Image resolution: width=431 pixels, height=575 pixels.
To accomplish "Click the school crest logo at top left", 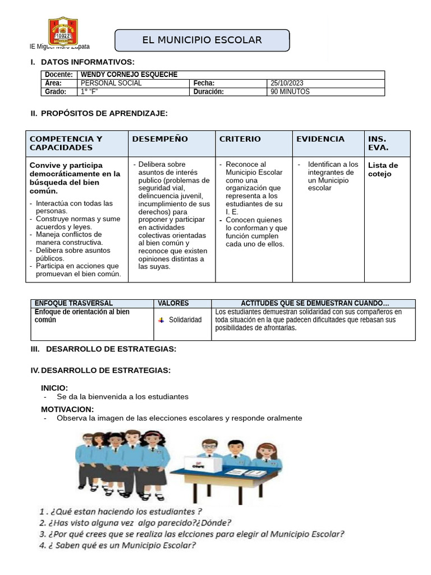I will click(63, 31).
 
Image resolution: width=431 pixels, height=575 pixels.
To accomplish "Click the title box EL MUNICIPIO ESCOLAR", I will click(202, 40).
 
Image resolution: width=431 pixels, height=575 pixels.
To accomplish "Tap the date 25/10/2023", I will click(287, 83).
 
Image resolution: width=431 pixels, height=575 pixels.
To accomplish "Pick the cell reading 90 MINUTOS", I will click(290, 92).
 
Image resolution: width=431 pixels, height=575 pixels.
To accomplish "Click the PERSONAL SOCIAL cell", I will click(111, 83).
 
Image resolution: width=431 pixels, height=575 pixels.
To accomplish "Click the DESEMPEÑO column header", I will click(160, 139).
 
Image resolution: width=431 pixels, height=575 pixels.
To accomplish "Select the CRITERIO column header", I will click(240, 139).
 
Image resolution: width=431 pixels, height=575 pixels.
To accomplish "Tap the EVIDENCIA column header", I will click(320, 139).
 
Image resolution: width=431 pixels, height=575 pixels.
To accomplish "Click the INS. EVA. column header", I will click(377, 143).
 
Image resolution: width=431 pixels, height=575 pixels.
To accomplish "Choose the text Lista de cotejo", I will click(383, 170).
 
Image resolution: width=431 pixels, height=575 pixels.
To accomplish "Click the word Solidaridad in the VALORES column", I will click(185, 320).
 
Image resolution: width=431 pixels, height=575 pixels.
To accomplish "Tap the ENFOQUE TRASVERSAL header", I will click(74, 303).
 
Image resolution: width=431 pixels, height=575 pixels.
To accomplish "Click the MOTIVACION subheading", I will click(67, 409).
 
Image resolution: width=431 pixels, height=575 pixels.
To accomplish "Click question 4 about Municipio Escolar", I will click(118, 545).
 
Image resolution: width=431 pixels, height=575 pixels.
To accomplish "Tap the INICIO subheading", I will click(54, 387).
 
